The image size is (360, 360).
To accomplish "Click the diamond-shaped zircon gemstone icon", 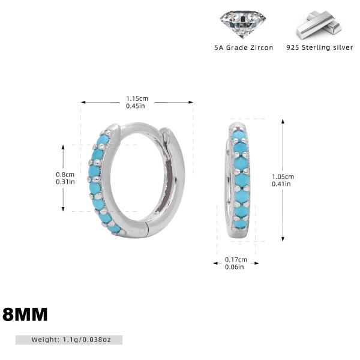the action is point(243,25).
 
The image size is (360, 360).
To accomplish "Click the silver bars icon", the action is point(319,25).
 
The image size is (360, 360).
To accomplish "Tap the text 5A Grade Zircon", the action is point(244,47).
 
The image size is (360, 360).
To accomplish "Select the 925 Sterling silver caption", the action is point(320,47).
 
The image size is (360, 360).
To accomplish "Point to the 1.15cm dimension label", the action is point(137,98).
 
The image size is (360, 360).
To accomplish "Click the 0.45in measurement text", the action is point(136,106).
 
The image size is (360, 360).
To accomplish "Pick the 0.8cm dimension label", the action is point(65,175).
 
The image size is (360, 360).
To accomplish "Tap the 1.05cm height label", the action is point(283,176).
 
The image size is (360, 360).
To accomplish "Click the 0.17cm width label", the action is point(236,260).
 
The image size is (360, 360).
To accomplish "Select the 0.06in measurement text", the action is point(235,267).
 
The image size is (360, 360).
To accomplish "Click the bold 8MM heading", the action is point(25,314).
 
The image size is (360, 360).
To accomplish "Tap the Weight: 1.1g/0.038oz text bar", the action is point(69,340).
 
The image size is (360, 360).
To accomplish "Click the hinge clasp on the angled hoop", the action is point(165,138).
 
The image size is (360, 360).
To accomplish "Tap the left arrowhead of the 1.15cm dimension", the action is point(83,102).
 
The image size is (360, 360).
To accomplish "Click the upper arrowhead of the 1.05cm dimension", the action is point(283,121).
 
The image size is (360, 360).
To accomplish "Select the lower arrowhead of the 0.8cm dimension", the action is point(63,209).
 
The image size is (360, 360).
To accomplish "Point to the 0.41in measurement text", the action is point(281,184).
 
